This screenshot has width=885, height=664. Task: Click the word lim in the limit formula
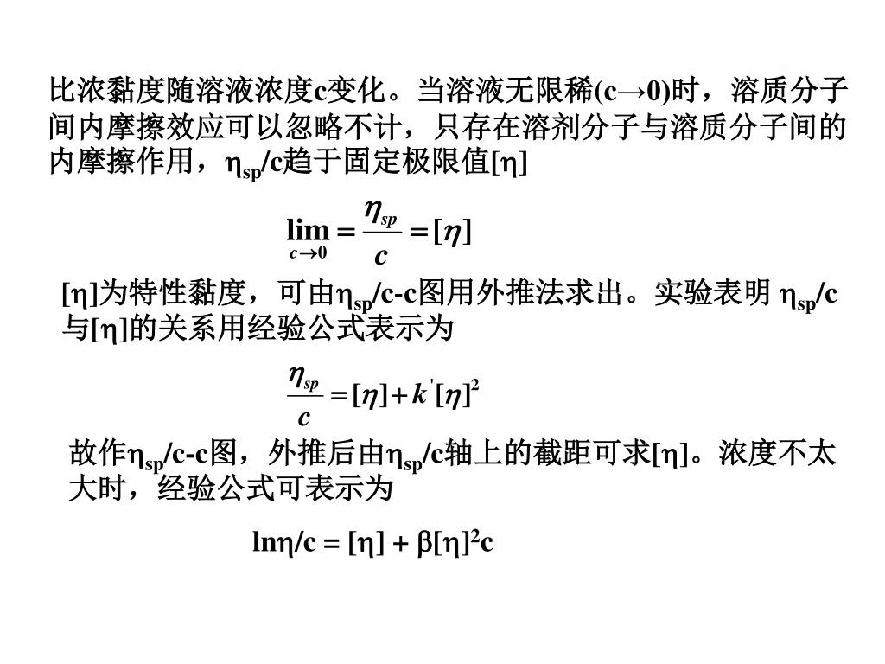[x=308, y=231]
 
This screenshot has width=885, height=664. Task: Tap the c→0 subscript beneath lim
[x=308, y=253]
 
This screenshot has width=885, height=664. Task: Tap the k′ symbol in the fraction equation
[x=419, y=395]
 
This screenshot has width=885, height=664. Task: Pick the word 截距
[x=574, y=454]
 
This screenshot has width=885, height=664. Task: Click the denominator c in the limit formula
[x=380, y=256]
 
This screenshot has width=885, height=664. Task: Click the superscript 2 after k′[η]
[x=475, y=387]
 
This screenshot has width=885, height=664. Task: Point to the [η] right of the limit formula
[x=451, y=231]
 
